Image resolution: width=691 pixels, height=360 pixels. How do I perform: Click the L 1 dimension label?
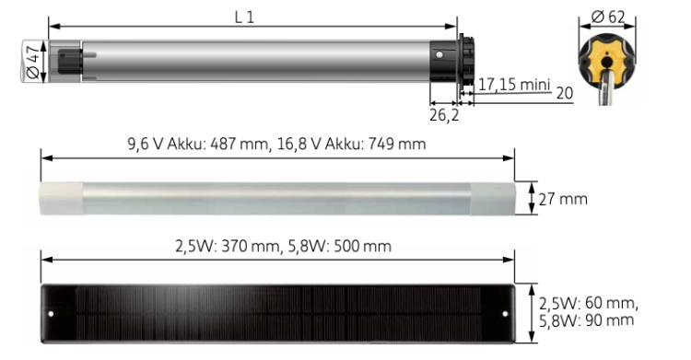coord(244,17)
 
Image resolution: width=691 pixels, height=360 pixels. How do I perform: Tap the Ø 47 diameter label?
coord(33,62)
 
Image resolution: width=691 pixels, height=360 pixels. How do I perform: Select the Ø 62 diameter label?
coord(608,17)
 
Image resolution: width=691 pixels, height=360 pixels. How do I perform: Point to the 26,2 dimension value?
coord(444,115)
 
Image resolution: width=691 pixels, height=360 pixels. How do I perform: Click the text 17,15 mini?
coord(514,84)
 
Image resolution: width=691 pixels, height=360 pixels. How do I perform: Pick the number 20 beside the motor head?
coord(565,93)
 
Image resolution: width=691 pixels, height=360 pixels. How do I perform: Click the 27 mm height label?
coord(563,199)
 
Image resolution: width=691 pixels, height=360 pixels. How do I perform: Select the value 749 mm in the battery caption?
coord(397,144)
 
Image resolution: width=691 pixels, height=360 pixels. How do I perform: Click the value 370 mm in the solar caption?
coord(251,246)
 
